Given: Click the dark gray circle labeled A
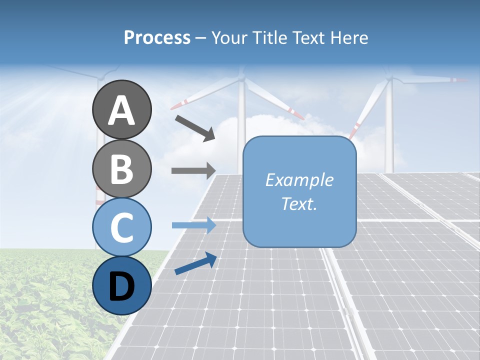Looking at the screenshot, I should (x=121, y=109).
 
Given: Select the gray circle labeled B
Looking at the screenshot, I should (x=121, y=168).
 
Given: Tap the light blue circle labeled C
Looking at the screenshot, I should (x=121, y=227).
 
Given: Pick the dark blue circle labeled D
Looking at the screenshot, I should (x=121, y=285).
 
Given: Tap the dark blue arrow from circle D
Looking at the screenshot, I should (x=195, y=264).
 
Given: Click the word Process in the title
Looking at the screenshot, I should (x=157, y=37).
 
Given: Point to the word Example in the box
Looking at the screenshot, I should (x=299, y=180).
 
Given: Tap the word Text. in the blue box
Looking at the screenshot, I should (x=299, y=204).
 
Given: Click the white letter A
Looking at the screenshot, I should (x=121, y=110).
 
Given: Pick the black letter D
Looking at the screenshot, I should (x=121, y=286).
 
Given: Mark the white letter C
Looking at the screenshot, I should (x=121, y=227).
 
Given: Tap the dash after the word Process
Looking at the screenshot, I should (x=201, y=38).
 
